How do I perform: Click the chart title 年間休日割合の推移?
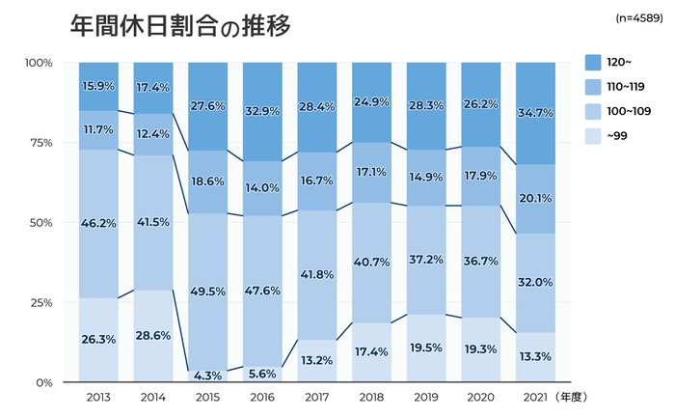pyautogui.click(x=179, y=26)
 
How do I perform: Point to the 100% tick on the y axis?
pyautogui.click(x=39, y=63)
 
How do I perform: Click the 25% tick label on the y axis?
pyautogui.click(x=40, y=302)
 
